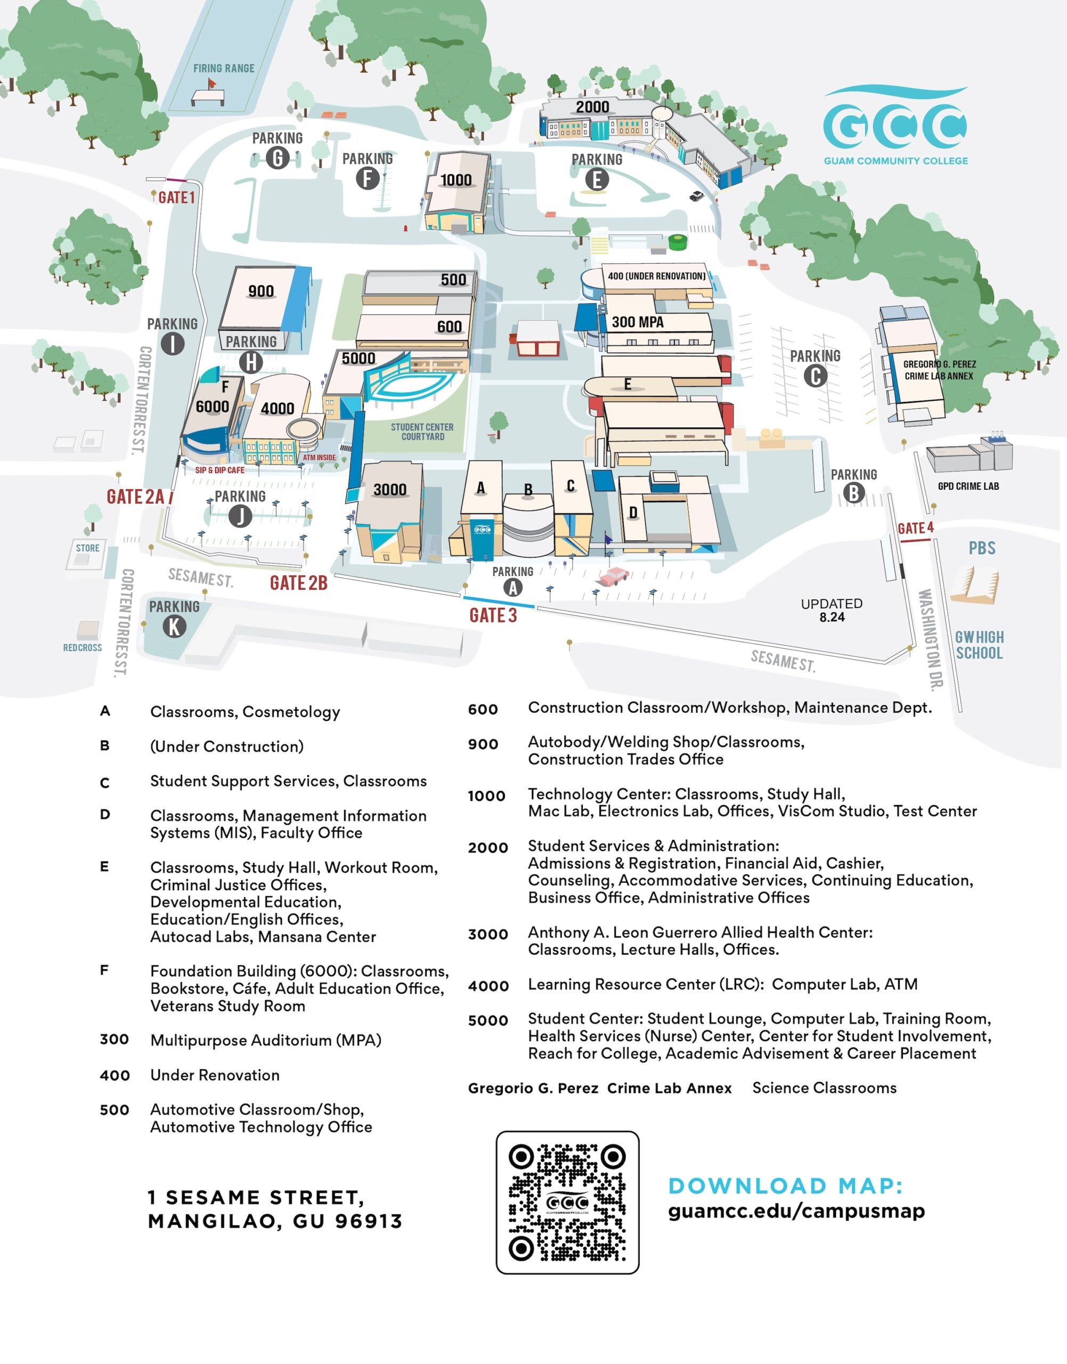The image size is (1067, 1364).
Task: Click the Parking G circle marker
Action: (278, 158)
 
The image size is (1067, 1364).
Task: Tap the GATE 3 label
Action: (493, 615)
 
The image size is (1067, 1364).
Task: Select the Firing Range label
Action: (224, 68)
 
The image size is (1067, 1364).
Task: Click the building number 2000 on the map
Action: (592, 107)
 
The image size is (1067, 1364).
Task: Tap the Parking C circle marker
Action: (815, 376)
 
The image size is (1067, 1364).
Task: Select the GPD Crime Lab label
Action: (968, 486)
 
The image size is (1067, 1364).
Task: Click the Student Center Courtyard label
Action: (422, 432)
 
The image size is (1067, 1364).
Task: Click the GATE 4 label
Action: (915, 528)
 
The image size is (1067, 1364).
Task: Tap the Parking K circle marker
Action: (174, 626)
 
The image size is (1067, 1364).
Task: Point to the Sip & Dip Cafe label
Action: (219, 470)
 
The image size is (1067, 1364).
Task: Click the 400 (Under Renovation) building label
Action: (656, 275)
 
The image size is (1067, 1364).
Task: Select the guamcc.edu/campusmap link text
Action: (796, 1211)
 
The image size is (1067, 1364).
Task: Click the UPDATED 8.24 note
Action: (832, 610)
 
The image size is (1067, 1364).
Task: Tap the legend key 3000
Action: (487, 934)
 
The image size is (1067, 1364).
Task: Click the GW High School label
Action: (979, 645)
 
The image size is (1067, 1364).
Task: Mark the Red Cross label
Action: (83, 647)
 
